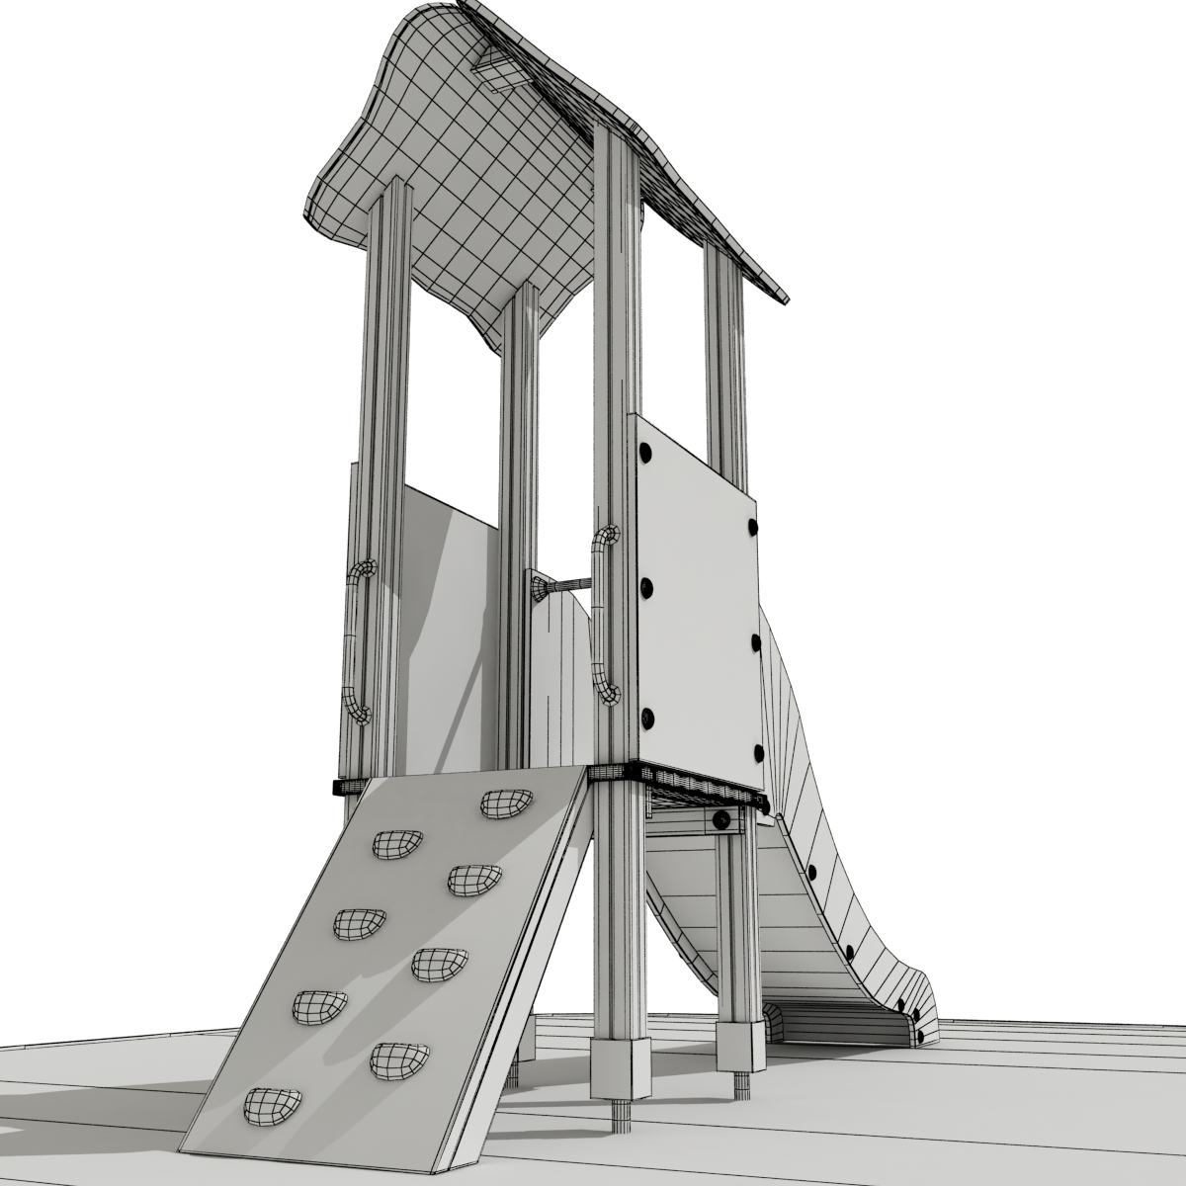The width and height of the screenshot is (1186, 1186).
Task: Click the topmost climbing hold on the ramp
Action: pyautogui.click(x=504, y=805)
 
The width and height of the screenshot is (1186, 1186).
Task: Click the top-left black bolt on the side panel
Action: pyautogui.click(x=647, y=452)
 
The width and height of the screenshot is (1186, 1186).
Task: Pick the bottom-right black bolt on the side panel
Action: pyautogui.click(x=758, y=755)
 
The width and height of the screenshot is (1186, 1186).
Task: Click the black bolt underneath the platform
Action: pyautogui.click(x=722, y=819)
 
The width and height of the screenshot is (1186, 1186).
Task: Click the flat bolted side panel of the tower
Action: pyautogui.click(x=697, y=603)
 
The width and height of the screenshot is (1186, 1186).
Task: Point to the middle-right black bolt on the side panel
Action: pyautogui.click(x=756, y=642)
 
